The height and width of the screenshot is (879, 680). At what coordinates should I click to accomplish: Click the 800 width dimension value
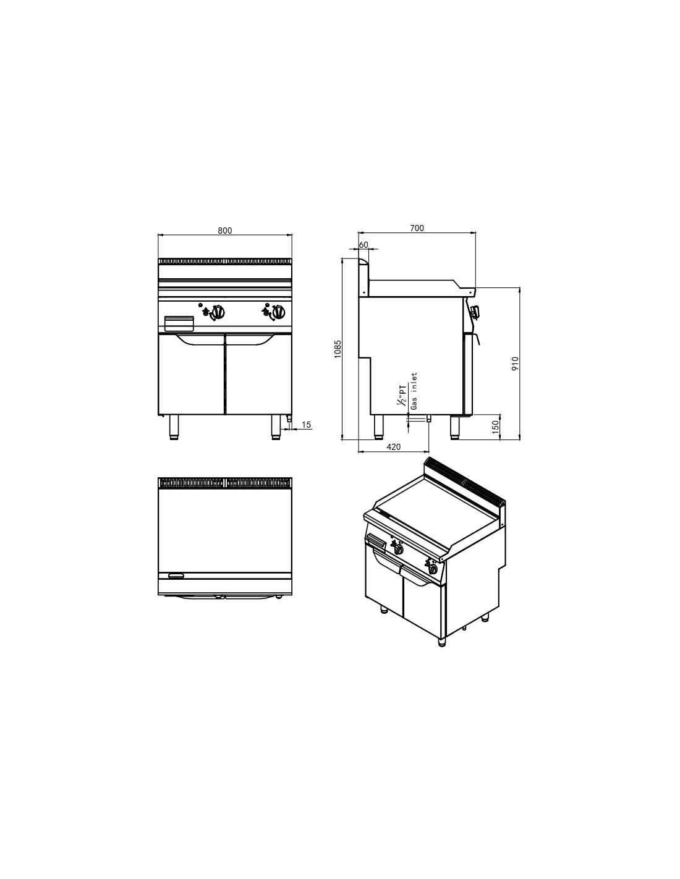(x=225, y=231)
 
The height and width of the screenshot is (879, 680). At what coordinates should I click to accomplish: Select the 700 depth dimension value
(x=417, y=228)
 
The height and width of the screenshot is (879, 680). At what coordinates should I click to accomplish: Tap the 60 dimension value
(x=363, y=245)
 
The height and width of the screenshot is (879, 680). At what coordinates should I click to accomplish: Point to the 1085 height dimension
(x=338, y=349)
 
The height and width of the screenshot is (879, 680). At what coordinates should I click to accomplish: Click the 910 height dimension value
(x=514, y=364)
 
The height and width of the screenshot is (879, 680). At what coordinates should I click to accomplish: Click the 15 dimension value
(x=306, y=425)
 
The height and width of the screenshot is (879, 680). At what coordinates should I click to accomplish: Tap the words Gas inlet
(x=414, y=391)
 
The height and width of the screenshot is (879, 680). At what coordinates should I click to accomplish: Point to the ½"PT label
(x=402, y=396)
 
